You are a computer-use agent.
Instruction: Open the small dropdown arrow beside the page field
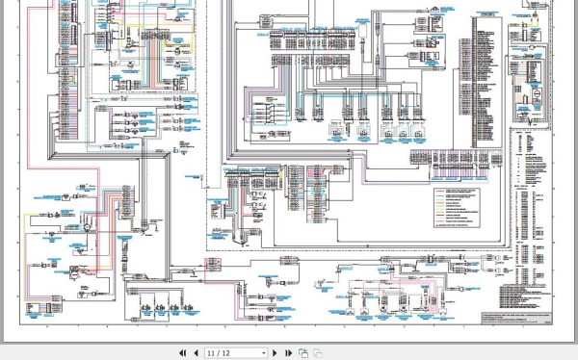(264, 353)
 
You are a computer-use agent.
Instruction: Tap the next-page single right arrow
(276, 353)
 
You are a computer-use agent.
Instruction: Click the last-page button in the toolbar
(287, 353)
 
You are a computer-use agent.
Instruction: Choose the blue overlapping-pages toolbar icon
(302, 353)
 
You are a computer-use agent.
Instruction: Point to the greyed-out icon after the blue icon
(316, 353)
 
